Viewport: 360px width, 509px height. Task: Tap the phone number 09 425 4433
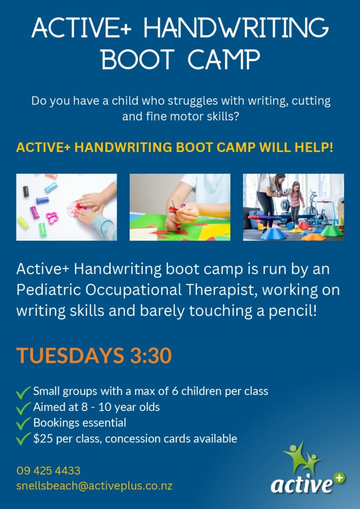[48, 470]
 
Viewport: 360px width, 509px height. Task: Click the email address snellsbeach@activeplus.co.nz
[94, 486]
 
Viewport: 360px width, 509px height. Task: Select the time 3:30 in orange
[151, 355]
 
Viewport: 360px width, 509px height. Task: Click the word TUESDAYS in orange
[70, 355]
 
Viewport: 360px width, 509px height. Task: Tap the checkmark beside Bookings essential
[23, 424]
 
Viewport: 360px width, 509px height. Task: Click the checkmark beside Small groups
[23, 392]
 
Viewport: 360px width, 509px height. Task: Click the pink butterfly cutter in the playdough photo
[52, 218]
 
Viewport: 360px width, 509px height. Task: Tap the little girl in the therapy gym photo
[296, 203]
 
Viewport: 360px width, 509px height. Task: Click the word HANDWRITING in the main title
[236, 28]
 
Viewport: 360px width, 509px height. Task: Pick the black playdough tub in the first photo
[26, 191]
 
